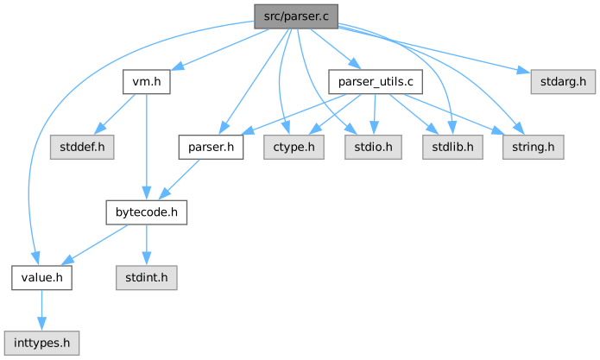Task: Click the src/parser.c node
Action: pyautogui.click(x=296, y=16)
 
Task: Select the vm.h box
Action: pyautogui.click(x=147, y=82)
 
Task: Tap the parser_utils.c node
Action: pyautogui.click(x=376, y=82)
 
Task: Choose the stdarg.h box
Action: pyautogui.click(x=563, y=82)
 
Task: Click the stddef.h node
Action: pyautogui.click(x=82, y=148)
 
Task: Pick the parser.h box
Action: pyautogui.click(x=211, y=148)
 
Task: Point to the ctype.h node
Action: pyautogui.click(x=294, y=148)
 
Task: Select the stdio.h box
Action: pyautogui.click(x=373, y=148)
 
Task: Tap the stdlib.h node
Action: pyautogui.click(x=452, y=148)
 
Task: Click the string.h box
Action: pyautogui.click(x=533, y=148)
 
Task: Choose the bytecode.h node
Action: pyautogui.click(x=147, y=212)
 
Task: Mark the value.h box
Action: pyautogui.click(x=41, y=278)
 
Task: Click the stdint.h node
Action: pyautogui.click(x=147, y=278)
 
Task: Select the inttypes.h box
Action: pyautogui.click(x=41, y=344)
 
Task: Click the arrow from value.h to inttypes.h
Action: pyautogui.click(x=41, y=310)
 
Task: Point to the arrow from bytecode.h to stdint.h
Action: pyautogui.click(x=147, y=245)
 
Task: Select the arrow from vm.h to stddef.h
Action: pyautogui.click(x=115, y=115)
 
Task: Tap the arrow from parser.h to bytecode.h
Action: pyautogui.click(x=179, y=180)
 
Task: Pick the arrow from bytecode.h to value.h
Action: pyautogui.click(x=94, y=245)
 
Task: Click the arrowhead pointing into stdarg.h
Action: pyautogui.click(x=523, y=71)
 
